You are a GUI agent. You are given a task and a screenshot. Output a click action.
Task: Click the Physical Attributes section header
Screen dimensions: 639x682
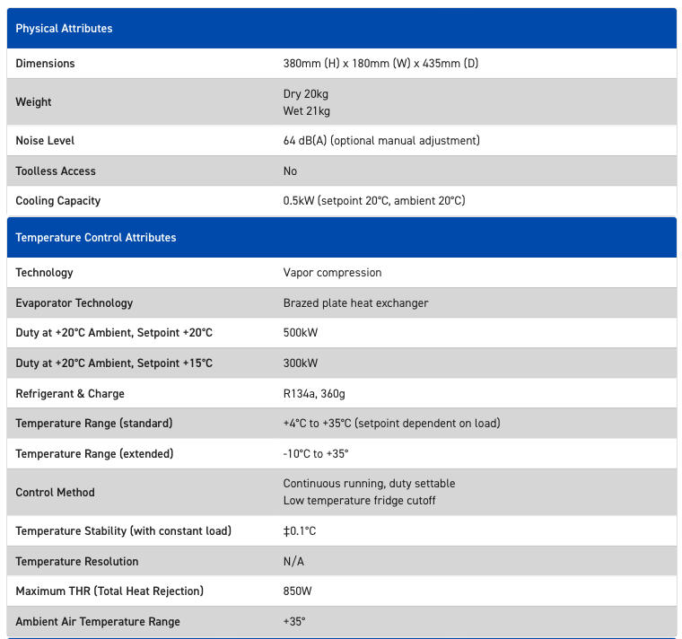tap(64, 29)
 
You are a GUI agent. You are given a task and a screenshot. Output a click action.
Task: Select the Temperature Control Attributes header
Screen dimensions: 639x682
tap(95, 238)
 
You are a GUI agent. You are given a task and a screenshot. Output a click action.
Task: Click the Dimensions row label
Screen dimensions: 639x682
tap(45, 64)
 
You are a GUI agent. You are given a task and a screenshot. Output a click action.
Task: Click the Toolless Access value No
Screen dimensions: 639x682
tap(290, 171)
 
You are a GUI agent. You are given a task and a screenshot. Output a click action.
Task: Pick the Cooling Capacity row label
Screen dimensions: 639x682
tap(57, 201)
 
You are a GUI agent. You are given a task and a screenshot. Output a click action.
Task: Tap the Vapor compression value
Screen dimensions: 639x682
tap(332, 273)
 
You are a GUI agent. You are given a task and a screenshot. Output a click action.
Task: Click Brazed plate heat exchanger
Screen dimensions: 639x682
tap(355, 303)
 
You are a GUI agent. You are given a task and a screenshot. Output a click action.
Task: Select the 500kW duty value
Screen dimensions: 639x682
tap(301, 333)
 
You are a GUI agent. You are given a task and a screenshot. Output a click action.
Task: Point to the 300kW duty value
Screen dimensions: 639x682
tap(301, 363)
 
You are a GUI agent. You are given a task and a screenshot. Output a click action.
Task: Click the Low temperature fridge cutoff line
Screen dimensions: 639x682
tap(359, 501)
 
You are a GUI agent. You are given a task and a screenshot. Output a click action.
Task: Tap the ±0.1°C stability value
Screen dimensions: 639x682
tap(300, 531)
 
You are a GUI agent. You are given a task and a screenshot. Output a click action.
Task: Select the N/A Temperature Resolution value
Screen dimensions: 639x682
tap(293, 562)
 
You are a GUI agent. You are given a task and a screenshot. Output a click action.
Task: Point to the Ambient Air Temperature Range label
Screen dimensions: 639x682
tap(98, 622)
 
